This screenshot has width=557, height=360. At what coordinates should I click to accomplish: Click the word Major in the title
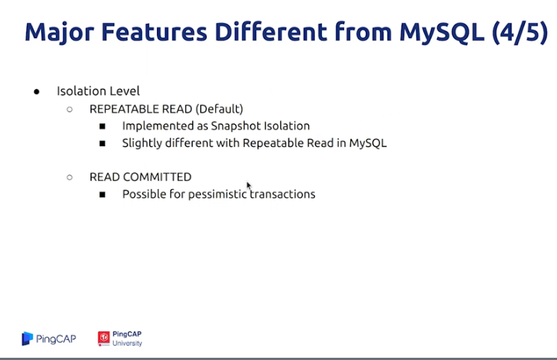tap(59, 33)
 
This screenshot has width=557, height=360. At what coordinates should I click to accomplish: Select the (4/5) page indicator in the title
tap(520, 33)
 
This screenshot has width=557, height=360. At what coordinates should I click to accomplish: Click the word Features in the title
tap(154, 32)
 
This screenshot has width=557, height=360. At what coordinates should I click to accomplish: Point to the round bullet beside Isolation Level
tap(37, 92)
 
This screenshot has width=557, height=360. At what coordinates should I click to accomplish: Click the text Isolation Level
tap(98, 91)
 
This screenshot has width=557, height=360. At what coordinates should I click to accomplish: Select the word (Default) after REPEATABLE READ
tap(220, 109)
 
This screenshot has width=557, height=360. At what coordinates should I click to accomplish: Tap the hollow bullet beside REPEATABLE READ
tap(69, 110)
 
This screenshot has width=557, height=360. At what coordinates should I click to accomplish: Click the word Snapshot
tap(234, 125)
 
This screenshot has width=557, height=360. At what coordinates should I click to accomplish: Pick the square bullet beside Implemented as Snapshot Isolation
tap(102, 126)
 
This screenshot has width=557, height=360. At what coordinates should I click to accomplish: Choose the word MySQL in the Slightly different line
tap(367, 143)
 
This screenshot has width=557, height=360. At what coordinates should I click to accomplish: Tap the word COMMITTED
tap(155, 177)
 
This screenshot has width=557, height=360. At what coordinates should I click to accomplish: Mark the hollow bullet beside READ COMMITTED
tap(69, 177)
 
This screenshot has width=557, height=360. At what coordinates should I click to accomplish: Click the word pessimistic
tap(217, 194)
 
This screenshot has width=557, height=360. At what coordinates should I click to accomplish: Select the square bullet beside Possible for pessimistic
tap(102, 194)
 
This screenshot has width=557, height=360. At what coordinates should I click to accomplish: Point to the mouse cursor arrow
tap(249, 185)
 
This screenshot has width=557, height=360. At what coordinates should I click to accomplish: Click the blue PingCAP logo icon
tap(27, 338)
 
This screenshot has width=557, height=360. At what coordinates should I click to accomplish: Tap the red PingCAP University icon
tap(104, 338)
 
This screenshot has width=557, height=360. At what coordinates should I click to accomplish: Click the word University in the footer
tap(127, 344)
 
